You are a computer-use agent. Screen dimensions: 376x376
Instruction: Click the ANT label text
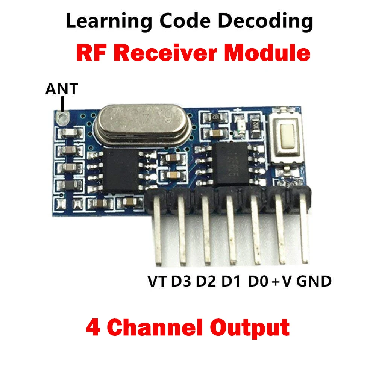tap(62, 89)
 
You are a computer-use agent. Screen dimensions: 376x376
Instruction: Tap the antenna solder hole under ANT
tap(62, 117)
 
